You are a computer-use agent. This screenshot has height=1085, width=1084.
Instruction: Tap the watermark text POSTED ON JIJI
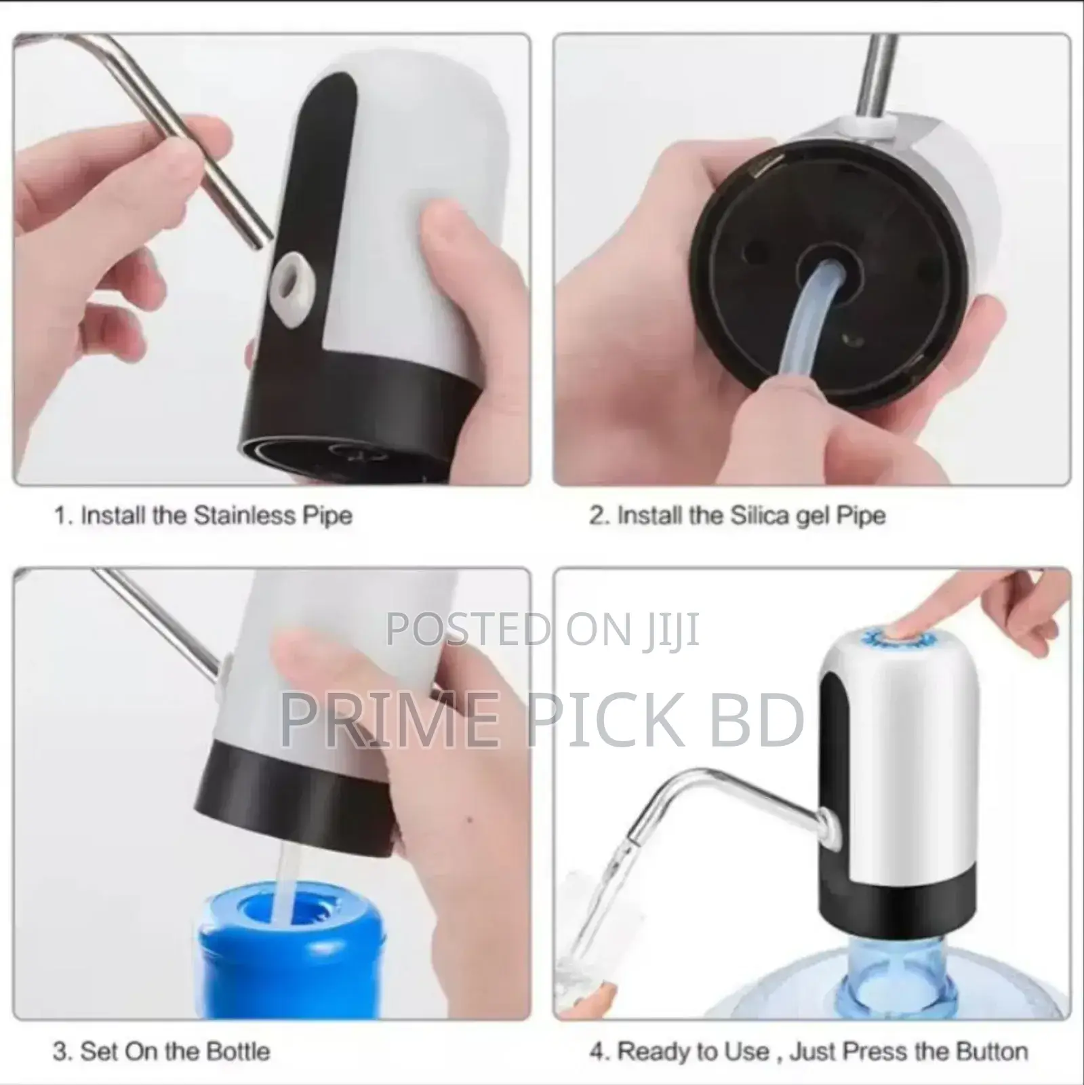[x=542, y=630]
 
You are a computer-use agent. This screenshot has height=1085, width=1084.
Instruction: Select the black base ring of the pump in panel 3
[x=298, y=807]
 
